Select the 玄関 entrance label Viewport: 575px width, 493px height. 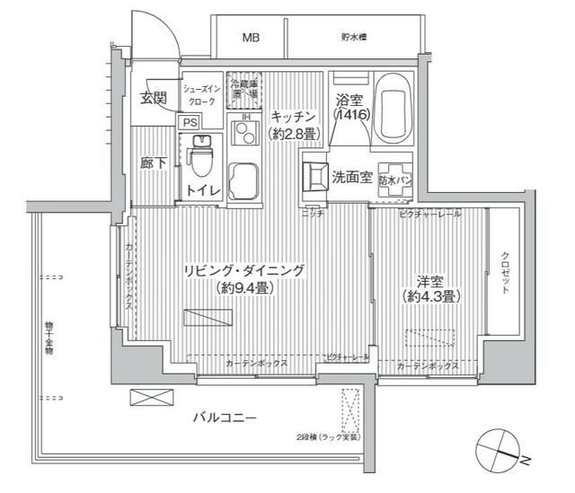[x=154, y=97]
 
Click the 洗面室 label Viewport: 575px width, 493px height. [x=352, y=177]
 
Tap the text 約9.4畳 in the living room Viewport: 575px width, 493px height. [x=244, y=288]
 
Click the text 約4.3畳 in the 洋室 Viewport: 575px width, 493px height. [x=433, y=296]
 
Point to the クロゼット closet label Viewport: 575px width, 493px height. [x=506, y=272]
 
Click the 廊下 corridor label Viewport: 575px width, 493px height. [x=154, y=163]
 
